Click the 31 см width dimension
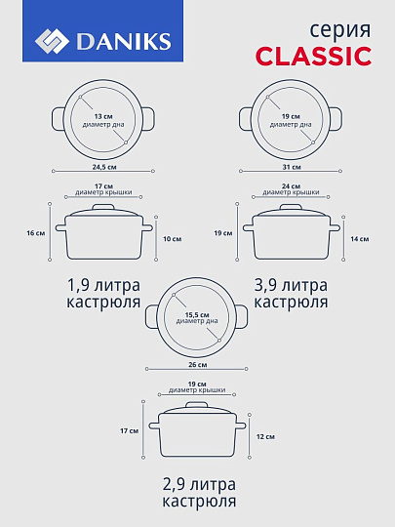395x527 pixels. pos(291,168)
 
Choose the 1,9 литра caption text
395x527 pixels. pos(103,285)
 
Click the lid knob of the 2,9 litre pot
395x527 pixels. pos(196,403)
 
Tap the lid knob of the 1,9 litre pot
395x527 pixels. pos(103,206)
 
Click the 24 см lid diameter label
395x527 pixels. pos(291,185)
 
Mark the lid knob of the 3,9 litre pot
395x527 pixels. pos(291,206)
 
